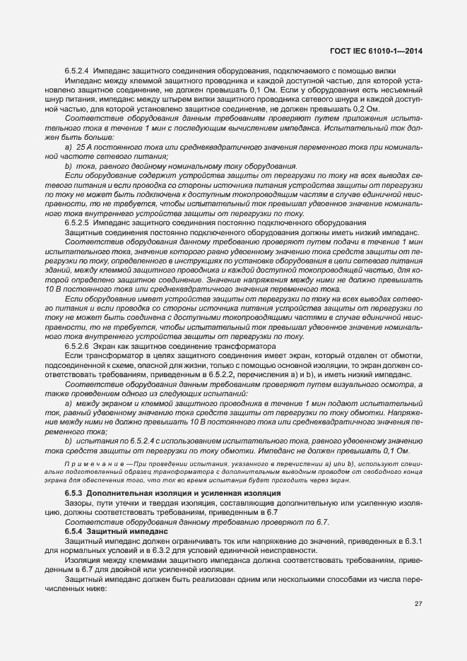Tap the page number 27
coord(419,604)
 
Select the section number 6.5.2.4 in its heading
coord(76,73)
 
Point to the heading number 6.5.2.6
coord(76,347)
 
